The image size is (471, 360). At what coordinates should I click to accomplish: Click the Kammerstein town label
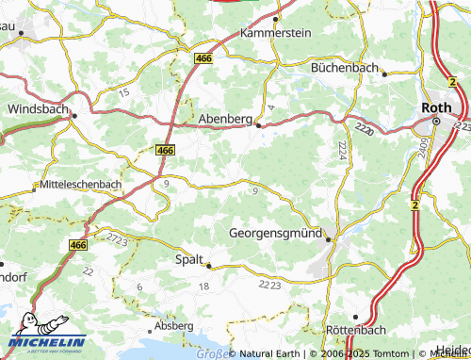[275, 32]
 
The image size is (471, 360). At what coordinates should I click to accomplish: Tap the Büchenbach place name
[344, 69]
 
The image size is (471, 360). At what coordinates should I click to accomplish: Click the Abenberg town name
[226, 120]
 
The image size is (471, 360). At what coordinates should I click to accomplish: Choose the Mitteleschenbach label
[81, 186]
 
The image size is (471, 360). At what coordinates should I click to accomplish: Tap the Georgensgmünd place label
[276, 232]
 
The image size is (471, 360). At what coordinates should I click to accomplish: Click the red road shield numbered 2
[414, 204]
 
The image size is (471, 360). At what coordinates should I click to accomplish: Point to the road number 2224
[342, 148]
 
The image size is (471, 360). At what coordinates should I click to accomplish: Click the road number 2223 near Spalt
[268, 284]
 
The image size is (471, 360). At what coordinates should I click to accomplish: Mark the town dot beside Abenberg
[259, 124]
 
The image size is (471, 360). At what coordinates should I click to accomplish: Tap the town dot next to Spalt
[209, 265]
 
